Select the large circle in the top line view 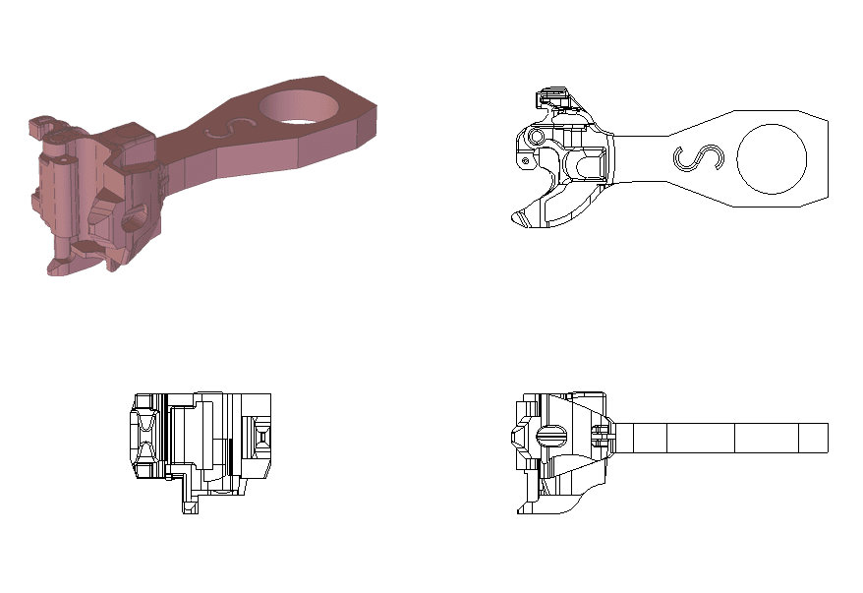tap(772, 158)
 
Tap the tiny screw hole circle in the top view tap(526, 160)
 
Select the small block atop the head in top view tap(551, 96)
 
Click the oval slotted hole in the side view tap(551, 434)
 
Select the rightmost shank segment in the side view tap(813, 438)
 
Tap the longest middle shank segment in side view tap(701, 438)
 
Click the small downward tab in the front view tap(188, 503)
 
